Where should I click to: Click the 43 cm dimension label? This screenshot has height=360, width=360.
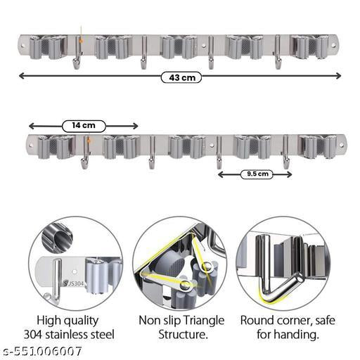point(181,77)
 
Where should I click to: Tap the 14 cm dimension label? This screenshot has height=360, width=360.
point(84,126)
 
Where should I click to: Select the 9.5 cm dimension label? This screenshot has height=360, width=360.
point(257,174)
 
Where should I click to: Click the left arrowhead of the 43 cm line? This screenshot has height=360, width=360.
point(21,76)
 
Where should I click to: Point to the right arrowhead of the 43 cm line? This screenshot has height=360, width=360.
point(338,76)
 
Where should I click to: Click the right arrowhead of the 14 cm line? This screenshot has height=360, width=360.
point(135,126)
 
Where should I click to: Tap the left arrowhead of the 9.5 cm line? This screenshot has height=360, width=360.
point(221,174)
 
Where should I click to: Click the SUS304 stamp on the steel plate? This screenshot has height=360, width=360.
point(73,283)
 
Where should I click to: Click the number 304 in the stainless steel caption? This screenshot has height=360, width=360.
point(32,335)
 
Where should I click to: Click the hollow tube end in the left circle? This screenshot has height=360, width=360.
point(63,238)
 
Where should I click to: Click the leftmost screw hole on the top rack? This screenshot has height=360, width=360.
point(22,46)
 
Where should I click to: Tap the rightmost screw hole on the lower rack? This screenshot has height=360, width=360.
point(342,145)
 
